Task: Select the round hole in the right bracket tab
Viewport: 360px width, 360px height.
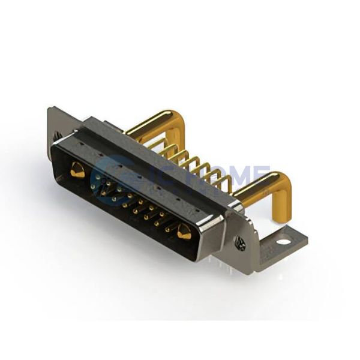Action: click(281, 244)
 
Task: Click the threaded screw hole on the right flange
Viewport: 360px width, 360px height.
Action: click(241, 243)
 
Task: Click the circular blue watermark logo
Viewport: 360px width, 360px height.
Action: click(108, 174)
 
